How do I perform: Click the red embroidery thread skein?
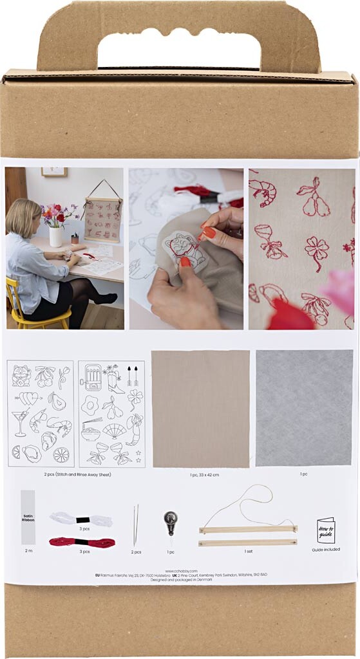point(82,543)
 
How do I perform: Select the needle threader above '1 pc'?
point(170,521)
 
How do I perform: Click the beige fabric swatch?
point(200,409)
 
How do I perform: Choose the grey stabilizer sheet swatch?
point(304,408)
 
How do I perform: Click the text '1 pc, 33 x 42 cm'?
point(200,475)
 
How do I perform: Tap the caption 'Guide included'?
point(326,550)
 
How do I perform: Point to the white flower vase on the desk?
point(56,236)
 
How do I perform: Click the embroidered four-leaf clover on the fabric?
point(317,251)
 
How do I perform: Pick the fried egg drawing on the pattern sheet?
point(90,405)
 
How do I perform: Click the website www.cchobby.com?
point(180,570)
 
